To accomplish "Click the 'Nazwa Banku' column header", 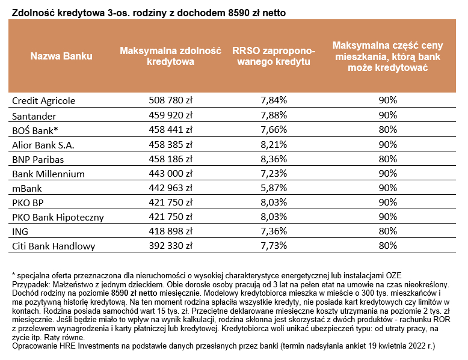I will [x=61, y=56].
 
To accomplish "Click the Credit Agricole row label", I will [x=44, y=100].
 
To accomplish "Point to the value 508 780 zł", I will [x=170, y=100].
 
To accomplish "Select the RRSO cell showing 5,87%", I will [x=274, y=188].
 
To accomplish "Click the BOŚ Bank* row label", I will [x=35, y=129].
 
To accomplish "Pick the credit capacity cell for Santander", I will [x=170, y=115].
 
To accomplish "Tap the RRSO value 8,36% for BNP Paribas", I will [x=274, y=159].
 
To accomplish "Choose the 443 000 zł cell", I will [x=170, y=173].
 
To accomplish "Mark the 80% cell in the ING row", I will [x=388, y=231].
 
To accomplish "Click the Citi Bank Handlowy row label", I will [x=53, y=246].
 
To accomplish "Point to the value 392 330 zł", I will [x=170, y=246].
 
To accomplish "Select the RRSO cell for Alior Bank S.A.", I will [x=274, y=144].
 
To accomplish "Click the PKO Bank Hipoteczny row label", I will [x=58, y=217].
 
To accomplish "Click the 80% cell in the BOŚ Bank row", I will [x=388, y=129].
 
